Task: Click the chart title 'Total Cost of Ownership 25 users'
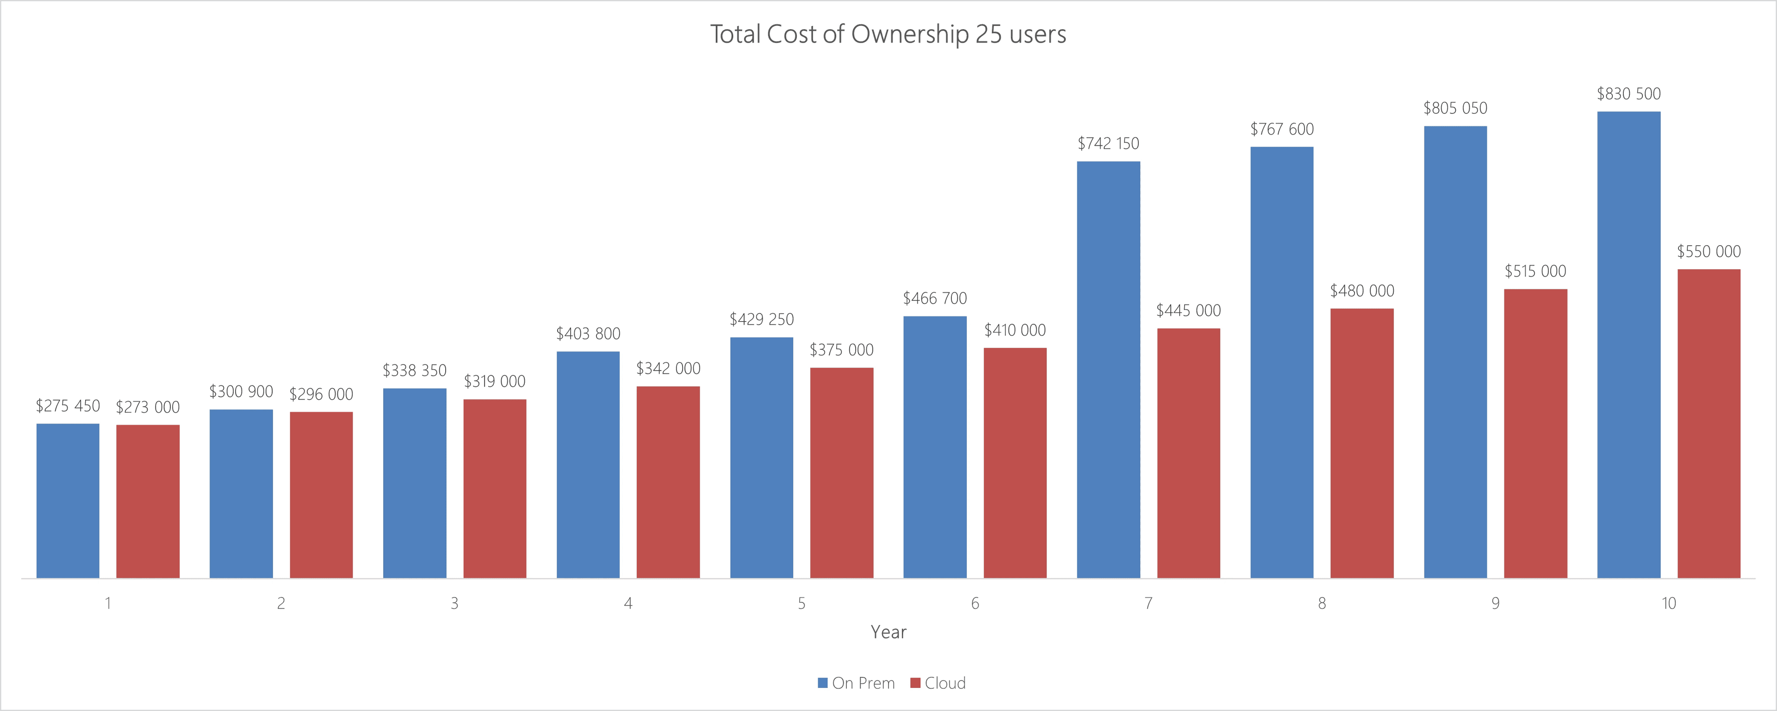(x=888, y=35)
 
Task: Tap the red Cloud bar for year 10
(x=1709, y=423)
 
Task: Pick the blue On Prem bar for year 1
(x=68, y=501)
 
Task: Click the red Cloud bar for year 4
(x=668, y=482)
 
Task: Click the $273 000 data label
(x=148, y=408)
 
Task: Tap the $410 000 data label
(x=1015, y=330)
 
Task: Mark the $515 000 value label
(x=1535, y=271)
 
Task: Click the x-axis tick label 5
(x=802, y=603)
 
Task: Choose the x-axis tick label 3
(x=454, y=603)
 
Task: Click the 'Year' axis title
(x=888, y=632)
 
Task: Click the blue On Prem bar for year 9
(x=1455, y=352)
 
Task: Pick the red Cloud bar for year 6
(x=1015, y=463)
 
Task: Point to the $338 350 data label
(x=415, y=371)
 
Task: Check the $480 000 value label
(x=1362, y=291)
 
